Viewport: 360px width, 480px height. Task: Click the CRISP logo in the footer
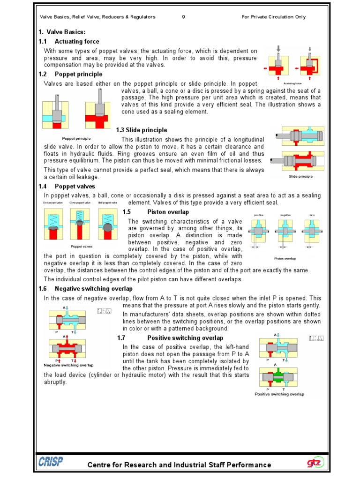pos(51,462)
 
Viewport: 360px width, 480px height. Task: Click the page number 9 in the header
pos(183,17)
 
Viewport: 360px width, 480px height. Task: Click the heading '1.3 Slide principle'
pos(142,130)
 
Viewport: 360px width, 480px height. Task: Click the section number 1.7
pos(121,337)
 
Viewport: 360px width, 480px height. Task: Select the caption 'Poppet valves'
pos(82,246)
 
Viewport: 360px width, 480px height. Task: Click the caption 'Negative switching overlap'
pos(68,365)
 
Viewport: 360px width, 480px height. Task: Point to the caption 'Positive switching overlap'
pos(279,394)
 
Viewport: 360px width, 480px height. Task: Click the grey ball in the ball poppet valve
pos(107,226)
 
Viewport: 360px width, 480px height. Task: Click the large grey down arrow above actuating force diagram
pos(278,49)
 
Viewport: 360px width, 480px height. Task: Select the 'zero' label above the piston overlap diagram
pos(312,215)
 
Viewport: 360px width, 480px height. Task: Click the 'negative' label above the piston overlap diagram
pos(285,215)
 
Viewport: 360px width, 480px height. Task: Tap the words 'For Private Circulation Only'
pos(273,17)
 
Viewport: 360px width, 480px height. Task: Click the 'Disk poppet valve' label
pos(52,202)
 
